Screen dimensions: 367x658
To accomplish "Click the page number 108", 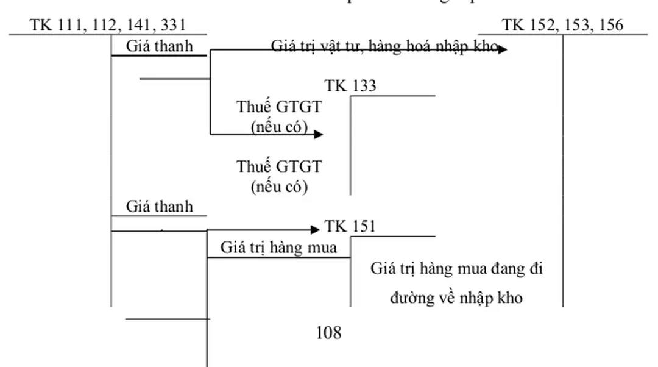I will click(x=329, y=333).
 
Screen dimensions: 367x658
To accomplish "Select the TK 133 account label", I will click(x=350, y=86).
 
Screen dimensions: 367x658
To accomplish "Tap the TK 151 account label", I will click(x=350, y=227).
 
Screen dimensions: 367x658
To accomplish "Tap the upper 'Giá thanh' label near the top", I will click(x=159, y=46).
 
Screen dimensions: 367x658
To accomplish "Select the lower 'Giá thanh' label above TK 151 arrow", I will click(x=159, y=207).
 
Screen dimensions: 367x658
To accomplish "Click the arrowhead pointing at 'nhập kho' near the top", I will click(x=502, y=50).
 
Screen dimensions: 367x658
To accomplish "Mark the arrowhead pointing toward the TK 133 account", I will click(x=318, y=134).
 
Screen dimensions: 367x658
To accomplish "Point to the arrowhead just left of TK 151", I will click(x=315, y=230).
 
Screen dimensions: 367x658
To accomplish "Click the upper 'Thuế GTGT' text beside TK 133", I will click(x=279, y=107).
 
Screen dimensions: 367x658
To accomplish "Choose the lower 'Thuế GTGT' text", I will click(x=279, y=166).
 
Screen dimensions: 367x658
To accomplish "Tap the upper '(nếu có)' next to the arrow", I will click(x=279, y=127).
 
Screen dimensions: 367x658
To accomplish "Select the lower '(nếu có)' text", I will click(x=279, y=186).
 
